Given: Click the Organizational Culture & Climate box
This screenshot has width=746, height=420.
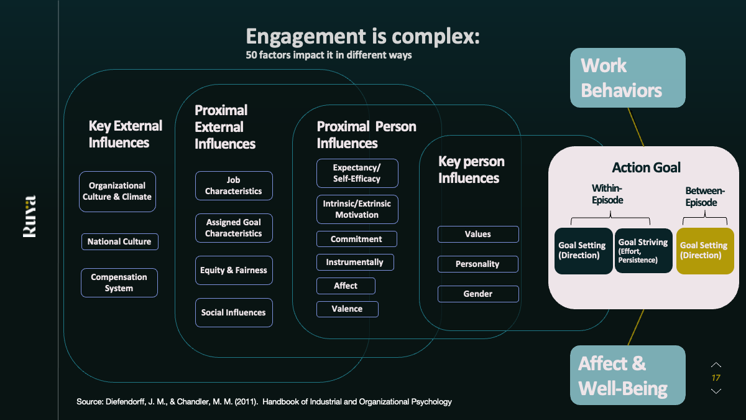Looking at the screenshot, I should point(117,192).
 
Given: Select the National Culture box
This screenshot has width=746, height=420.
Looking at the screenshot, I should point(119,241).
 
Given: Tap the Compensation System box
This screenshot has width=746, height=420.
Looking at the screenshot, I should point(119,282).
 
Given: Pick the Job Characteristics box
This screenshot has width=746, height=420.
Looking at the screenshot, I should point(234,185).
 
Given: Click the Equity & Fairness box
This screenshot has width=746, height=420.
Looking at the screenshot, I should point(234,271).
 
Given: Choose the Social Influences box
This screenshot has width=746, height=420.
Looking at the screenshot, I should point(234,312).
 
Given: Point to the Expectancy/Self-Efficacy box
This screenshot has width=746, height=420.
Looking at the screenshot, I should point(357,173).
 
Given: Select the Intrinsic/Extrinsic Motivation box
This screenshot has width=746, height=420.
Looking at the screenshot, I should point(357,209).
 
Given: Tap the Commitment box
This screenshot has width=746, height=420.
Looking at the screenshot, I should point(356,239).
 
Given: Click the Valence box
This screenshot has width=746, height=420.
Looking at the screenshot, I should point(347,309).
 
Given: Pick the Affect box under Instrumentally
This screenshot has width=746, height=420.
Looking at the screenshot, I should point(346,286).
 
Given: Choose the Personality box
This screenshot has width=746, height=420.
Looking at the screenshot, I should point(477,264).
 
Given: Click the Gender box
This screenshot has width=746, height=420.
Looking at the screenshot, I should point(477,294).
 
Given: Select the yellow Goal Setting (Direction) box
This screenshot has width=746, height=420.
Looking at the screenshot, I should point(704,251).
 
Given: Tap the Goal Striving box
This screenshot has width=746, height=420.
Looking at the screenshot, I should point(643,251).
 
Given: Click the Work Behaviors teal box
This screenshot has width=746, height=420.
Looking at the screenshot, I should point(627,78).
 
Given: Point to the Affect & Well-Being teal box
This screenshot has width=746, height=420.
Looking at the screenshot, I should point(627,375).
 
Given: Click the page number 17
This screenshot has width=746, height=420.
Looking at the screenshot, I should point(716,378).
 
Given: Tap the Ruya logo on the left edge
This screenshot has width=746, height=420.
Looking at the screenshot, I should point(29,216).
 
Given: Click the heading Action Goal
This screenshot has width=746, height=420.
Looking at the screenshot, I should point(646,167).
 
